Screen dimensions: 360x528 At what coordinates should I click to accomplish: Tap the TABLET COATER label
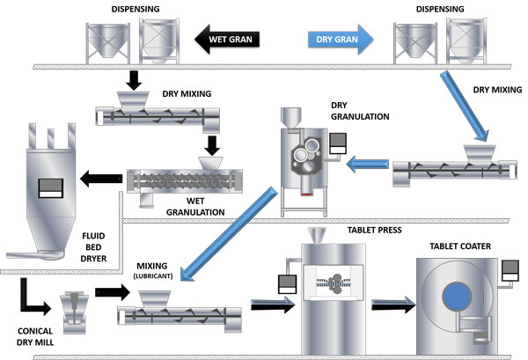tap(460, 246)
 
